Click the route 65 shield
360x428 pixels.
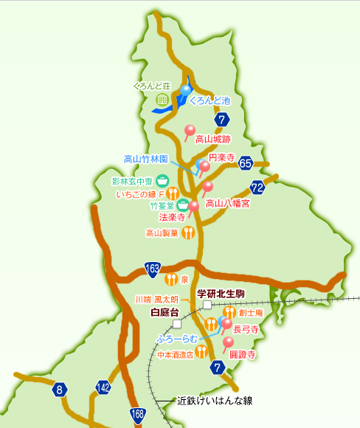246,164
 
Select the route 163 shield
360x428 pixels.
153,268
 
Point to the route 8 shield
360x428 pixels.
60,388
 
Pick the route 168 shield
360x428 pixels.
137,413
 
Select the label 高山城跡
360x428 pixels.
213,138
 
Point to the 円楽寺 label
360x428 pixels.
221,157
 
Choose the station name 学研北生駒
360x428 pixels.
221,294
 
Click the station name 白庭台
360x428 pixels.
165,312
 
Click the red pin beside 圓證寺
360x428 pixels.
227,343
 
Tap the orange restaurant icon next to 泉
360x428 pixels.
171,279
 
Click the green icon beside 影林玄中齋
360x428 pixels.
162,180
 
